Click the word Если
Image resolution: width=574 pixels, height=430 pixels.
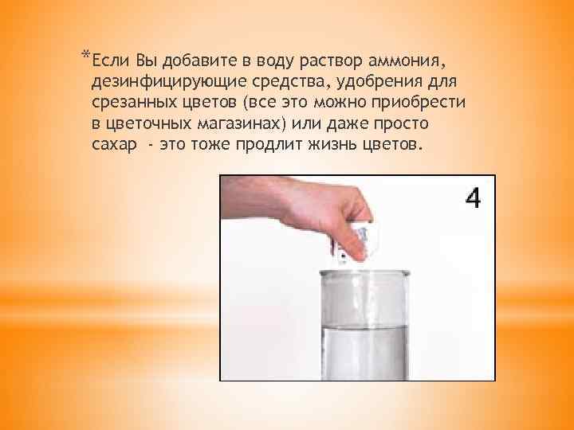[106, 61]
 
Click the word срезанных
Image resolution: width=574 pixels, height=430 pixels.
[131, 104]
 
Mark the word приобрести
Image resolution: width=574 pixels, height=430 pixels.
[426, 104]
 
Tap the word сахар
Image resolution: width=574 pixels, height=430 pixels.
[112, 147]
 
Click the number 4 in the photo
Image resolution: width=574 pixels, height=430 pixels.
[472, 197]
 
